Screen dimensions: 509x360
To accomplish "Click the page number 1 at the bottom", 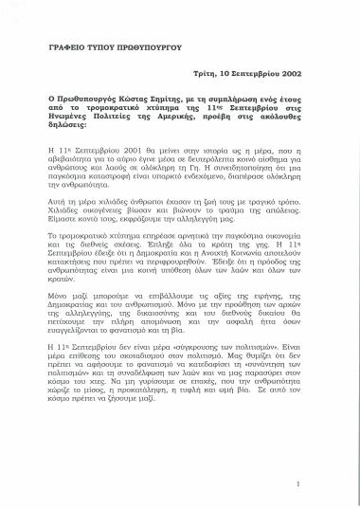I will (298, 483).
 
